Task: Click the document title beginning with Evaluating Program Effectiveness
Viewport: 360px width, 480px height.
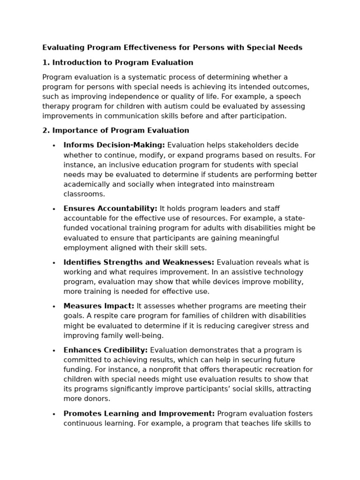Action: click(172, 47)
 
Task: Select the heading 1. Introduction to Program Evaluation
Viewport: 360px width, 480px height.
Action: click(118, 62)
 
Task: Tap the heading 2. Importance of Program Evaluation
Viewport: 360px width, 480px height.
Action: click(116, 130)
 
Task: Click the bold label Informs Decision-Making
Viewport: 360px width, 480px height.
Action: click(114, 145)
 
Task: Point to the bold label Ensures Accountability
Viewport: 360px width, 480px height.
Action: click(110, 209)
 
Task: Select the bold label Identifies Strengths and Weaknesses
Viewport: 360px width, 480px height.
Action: click(139, 262)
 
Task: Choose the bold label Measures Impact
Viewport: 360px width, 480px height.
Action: click(98, 306)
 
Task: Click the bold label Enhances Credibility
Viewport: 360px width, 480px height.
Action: click(105, 350)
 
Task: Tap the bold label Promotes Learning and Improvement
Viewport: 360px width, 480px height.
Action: click(139, 413)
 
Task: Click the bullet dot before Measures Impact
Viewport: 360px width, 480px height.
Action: click(54, 307)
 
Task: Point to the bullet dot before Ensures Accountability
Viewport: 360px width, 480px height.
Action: click(54, 209)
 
